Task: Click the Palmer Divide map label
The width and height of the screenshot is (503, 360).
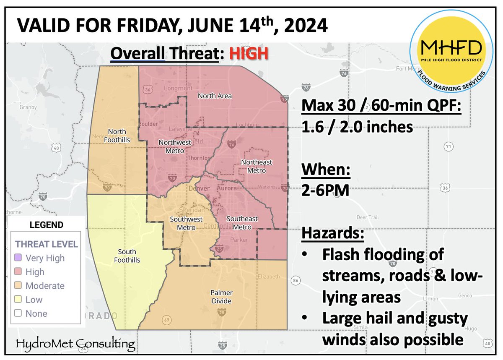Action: point(222,297)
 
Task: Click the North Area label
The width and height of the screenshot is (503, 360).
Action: point(215,96)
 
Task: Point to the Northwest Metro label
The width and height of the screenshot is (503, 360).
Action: point(171,146)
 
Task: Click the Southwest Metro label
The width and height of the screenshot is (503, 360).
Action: point(186,223)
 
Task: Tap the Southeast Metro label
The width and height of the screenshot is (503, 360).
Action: point(242,223)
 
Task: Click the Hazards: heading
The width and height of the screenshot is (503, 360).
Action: point(333,233)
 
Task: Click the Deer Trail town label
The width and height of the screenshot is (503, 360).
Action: point(367,217)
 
